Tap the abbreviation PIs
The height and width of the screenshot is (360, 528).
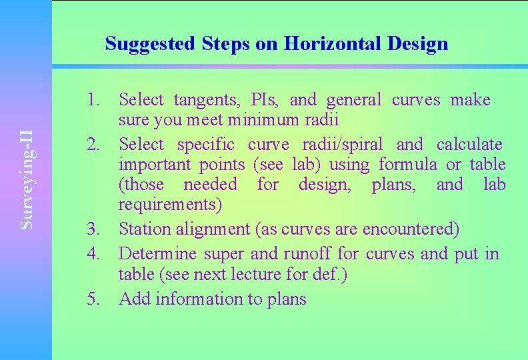point(270,100)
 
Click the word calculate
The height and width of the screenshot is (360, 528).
point(469,144)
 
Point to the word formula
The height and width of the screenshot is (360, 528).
point(405,164)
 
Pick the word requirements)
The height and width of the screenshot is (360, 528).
point(170,204)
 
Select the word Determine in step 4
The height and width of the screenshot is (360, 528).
point(157,253)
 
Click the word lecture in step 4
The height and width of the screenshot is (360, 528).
point(250,273)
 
